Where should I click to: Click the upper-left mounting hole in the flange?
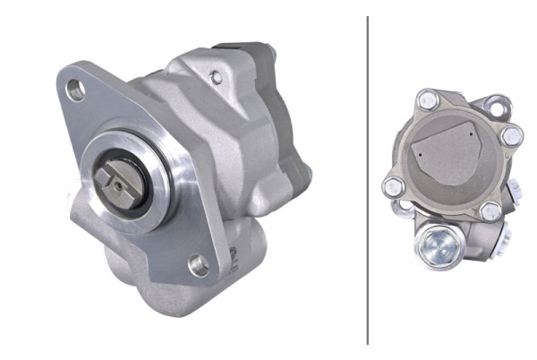coord(76,90)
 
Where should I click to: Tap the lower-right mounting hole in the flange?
coord(199,264)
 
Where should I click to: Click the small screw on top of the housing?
coord(216,78)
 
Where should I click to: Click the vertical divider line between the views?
coord(368,179)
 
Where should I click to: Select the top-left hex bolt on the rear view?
coord(428,100)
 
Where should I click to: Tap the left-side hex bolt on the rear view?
coord(392,186)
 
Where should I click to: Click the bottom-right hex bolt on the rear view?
coord(490,211)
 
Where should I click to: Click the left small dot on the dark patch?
coord(418,153)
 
